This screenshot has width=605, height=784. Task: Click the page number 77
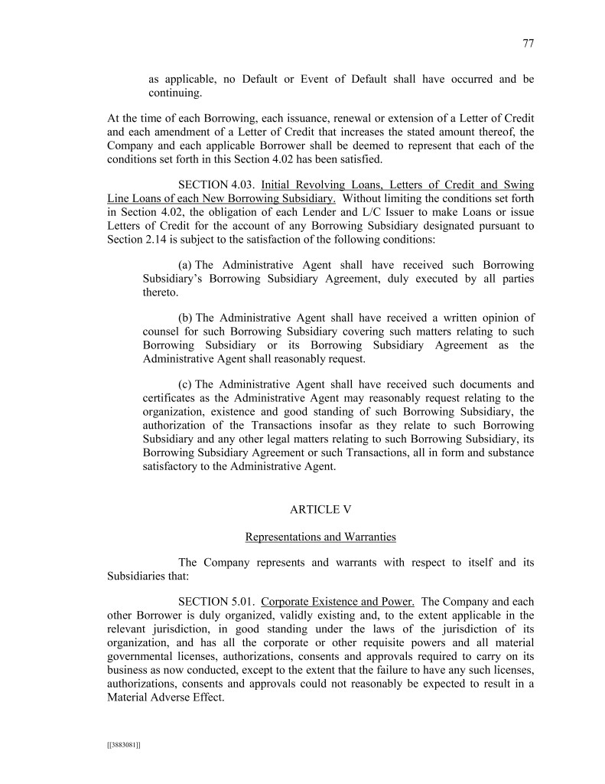click(528, 44)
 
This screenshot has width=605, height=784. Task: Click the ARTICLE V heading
click(320, 509)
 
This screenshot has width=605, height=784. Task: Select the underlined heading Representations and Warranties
click(320, 537)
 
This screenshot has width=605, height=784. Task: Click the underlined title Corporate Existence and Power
click(337, 601)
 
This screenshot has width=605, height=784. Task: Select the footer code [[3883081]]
click(123, 743)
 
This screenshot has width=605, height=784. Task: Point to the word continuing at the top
click(176, 93)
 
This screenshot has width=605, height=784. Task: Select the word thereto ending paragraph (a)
click(160, 292)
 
